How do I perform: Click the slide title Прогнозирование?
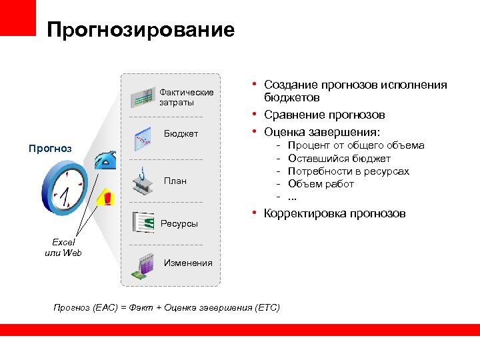(x=141, y=30)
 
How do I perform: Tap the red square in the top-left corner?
(x=17, y=17)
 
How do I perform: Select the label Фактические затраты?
(x=186, y=97)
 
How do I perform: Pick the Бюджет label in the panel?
(x=181, y=134)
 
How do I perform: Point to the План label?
(x=175, y=181)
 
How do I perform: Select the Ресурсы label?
(x=179, y=223)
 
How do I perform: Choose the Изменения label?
(x=188, y=263)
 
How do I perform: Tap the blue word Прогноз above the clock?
(x=50, y=148)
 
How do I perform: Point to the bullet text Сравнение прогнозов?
(x=325, y=115)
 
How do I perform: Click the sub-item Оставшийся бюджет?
(x=339, y=159)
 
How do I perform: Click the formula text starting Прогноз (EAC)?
(x=167, y=307)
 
